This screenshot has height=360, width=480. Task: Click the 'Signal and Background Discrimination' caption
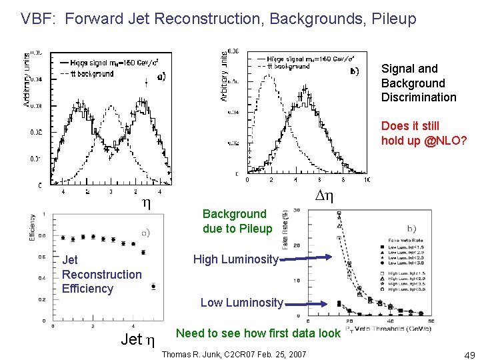click(419, 83)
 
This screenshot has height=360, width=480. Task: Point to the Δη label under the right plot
click(324, 196)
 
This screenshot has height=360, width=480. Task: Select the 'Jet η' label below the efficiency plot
click(138, 340)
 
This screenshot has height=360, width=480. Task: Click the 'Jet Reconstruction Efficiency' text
click(101, 274)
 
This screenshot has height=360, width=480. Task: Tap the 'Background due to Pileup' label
click(237, 221)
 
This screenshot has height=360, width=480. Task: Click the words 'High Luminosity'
click(235, 259)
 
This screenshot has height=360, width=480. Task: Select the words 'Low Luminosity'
click(242, 302)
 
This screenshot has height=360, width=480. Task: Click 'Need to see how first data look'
click(258, 333)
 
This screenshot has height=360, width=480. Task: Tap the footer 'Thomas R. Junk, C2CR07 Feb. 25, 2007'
click(234, 353)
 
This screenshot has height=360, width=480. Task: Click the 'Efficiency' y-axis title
click(33, 227)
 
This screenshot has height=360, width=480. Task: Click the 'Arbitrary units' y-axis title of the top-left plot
click(26, 80)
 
